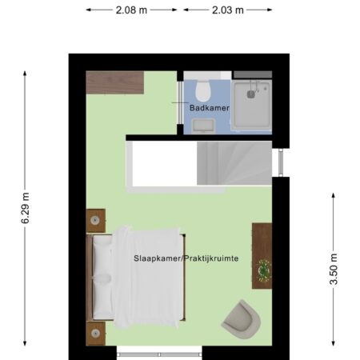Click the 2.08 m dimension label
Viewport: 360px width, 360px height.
pos(131,10)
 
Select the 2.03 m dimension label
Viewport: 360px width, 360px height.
pos(228,10)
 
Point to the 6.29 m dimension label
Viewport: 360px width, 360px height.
pos(26,208)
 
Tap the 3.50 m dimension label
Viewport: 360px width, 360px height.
pos(334,269)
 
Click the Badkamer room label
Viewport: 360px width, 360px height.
pos(210,108)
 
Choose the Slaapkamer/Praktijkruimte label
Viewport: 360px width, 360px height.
pos(186,258)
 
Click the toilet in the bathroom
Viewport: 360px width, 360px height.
pos(203,90)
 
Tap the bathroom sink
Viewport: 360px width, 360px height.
pos(203,126)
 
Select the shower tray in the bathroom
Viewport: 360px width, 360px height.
pos(251,105)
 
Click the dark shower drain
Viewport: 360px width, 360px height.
pos(250,94)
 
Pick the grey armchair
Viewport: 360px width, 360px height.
pos(242,319)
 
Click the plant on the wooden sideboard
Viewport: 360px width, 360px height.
pos(264,270)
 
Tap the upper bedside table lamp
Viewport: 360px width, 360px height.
pos(95,220)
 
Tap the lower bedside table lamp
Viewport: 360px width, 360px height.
pos(95,333)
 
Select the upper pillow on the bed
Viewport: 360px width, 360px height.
pos(102,257)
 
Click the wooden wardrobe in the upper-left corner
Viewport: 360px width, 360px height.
pos(115,82)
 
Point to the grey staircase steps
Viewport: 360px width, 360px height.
pos(234,163)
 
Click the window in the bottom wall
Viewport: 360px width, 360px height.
pos(159,354)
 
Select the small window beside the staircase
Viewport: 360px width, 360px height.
pos(281,162)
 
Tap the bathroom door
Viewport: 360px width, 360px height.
pos(180,102)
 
